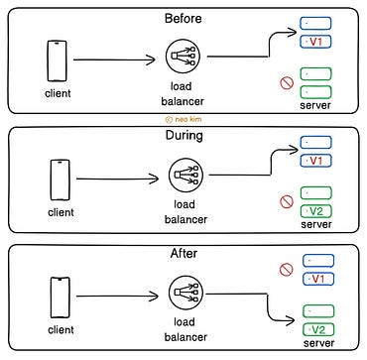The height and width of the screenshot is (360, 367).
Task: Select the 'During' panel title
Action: click(x=183, y=136)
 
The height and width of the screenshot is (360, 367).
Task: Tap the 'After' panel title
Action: click(x=183, y=254)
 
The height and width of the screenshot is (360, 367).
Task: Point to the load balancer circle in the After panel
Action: click(x=184, y=296)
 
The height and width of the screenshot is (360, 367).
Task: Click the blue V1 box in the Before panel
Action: click(x=315, y=43)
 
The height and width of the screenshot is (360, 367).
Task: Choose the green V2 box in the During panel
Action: click(x=315, y=211)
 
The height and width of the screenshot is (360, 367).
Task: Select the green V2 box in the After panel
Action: click(x=315, y=328)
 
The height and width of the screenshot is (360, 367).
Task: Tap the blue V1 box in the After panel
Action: click(x=315, y=279)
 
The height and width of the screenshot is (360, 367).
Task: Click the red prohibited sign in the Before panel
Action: click(x=286, y=83)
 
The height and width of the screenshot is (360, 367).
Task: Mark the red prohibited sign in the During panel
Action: click(x=286, y=201)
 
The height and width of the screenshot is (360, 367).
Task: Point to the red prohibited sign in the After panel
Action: click(x=286, y=269)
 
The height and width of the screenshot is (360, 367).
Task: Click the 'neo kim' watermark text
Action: click(x=185, y=117)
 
